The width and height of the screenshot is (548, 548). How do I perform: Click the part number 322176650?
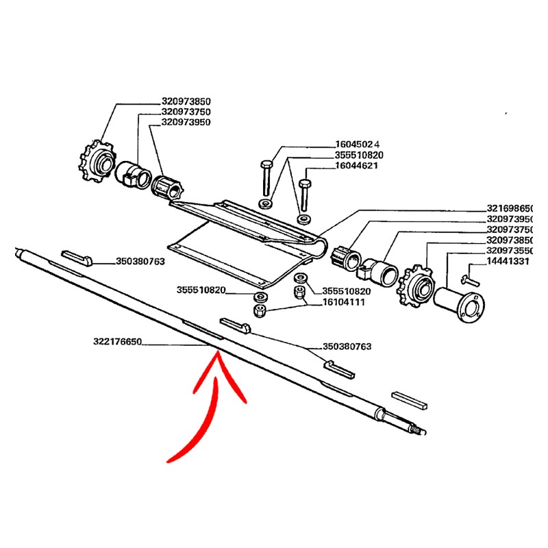(117, 340)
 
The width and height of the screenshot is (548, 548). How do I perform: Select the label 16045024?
(359, 145)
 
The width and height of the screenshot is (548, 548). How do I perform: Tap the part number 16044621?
(359, 165)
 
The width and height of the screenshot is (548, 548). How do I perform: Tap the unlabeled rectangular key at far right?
(410, 400)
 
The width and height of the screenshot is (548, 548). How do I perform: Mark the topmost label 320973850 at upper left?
(186, 101)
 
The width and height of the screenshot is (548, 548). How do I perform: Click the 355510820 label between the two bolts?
(359, 155)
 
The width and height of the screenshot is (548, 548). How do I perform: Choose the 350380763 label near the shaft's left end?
(140, 261)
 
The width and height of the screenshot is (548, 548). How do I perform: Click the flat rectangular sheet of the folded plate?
(233, 253)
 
